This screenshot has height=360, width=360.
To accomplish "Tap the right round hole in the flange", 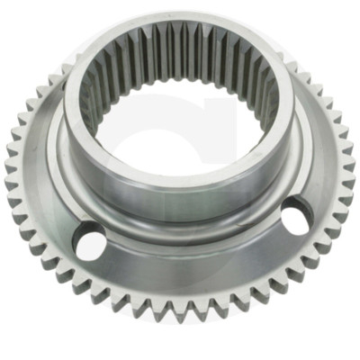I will (296, 217).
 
